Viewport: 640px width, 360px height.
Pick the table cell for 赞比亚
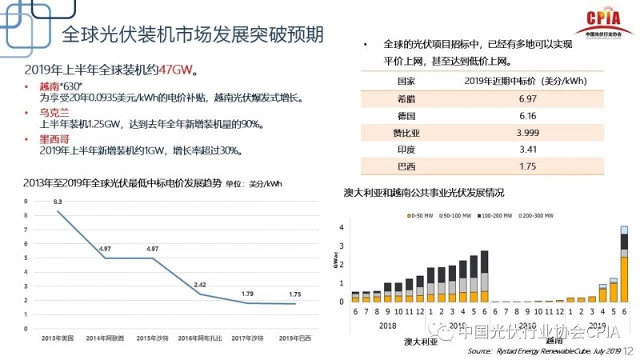(x=407, y=132)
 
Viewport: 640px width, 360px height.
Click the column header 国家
(x=407, y=81)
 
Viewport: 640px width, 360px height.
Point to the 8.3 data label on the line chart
(x=58, y=202)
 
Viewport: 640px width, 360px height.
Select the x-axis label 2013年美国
(x=58, y=340)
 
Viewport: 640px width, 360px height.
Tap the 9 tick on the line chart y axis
(x=26, y=201)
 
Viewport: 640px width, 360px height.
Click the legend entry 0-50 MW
(x=420, y=217)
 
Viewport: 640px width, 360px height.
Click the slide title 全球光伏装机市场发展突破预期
(x=192, y=35)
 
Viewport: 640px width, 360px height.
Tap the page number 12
(x=628, y=350)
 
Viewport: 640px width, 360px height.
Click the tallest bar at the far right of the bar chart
(x=624, y=265)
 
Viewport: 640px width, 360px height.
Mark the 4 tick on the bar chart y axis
(x=342, y=228)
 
